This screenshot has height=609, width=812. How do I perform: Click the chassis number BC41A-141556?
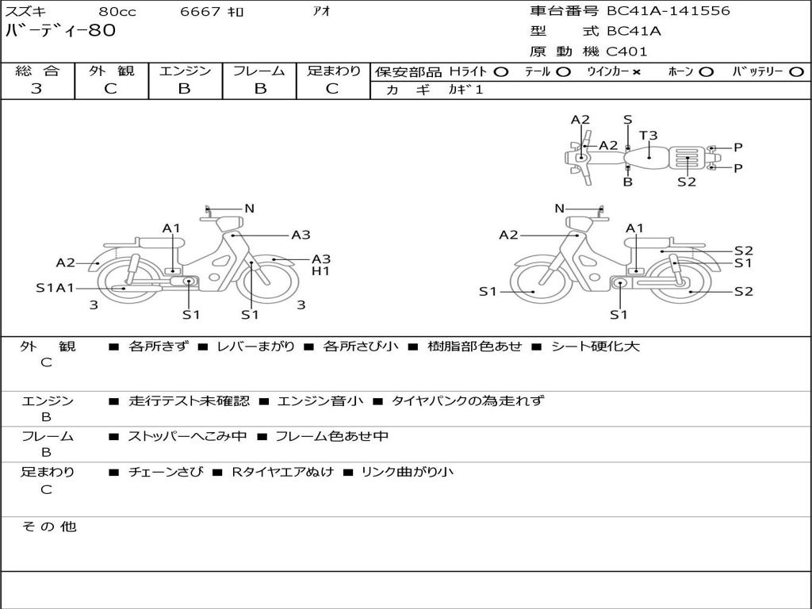[x=668, y=11]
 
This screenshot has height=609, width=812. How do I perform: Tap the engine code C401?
[x=626, y=52]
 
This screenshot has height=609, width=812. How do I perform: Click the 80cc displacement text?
[x=117, y=12]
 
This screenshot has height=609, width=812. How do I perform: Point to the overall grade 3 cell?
[x=37, y=89]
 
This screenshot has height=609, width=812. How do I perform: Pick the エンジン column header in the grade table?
[x=185, y=71]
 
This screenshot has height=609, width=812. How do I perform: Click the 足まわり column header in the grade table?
[x=333, y=71]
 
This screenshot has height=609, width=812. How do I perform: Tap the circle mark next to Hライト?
[x=500, y=72]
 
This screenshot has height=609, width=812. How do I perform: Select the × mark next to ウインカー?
[x=636, y=72]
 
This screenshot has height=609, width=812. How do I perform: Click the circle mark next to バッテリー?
[x=796, y=72]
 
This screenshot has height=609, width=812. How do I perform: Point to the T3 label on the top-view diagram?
[x=649, y=136]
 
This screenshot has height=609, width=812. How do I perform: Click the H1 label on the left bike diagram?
[x=320, y=272]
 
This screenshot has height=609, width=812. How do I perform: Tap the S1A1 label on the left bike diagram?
[x=54, y=288]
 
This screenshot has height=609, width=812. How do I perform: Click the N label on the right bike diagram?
[x=559, y=209]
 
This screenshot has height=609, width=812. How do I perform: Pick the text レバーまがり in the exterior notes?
[x=255, y=347]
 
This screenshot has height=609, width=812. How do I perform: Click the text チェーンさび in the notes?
[x=165, y=472]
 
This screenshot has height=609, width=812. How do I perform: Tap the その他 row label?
[x=48, y=527]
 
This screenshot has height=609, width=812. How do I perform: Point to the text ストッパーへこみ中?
[x=187, y=436]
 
